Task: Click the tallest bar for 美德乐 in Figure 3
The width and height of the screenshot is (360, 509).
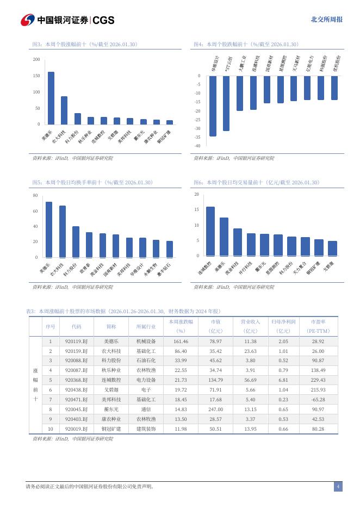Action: pyautogui.click(x=51, y=98)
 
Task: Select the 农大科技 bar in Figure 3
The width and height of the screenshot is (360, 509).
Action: pyautogui.click(x=64, y=110)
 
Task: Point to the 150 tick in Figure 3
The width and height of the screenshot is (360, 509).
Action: pyautogui.click(x=36, y=76)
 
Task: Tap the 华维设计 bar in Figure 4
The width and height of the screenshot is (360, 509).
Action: pyautogui.click(x=213, y=105)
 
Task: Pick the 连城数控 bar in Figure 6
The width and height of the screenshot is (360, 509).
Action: pyautogui.click(x=210, y=231)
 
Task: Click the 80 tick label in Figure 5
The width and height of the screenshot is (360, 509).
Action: pyautogui.click(x=35, y=195)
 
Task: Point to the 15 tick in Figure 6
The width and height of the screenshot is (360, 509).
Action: pyautogui.click(x=197, y=210)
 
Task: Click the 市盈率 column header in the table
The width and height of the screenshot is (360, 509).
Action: pyautogui.click(x=318, y=326)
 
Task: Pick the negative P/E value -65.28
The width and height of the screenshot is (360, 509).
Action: pyautogui.click(x=318, y=399)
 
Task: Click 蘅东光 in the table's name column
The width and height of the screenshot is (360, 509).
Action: pyautogui.click(x=111, y=409)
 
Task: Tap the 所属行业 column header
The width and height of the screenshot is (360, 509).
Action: pyautogui.click(x=146, y=326)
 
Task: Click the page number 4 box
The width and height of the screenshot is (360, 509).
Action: pyautogui.click(x=338, y=486)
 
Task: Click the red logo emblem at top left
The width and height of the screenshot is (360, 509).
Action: pyautogui.click(x=28, y=20)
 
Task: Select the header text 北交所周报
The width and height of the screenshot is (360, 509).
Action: pyautogui.click(x=326, y=20)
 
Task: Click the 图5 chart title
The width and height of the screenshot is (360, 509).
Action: pyautogui.click(x=92, y=182)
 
